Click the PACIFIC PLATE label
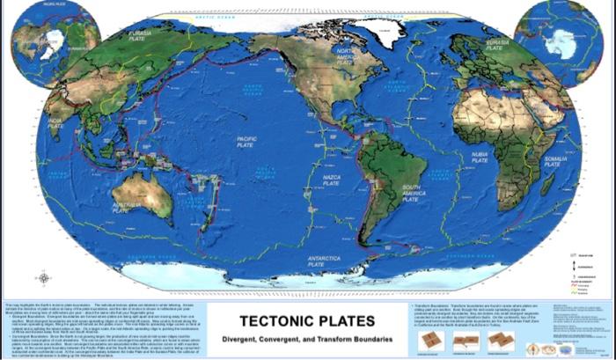(246, 142)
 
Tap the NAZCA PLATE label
(332, 180)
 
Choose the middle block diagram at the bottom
(466, 341)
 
